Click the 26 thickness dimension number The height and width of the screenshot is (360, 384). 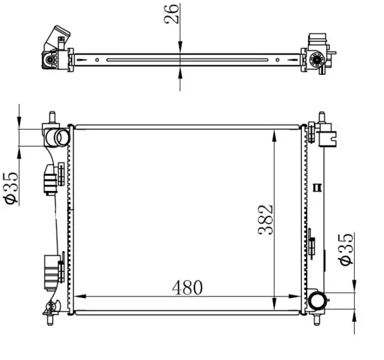pos(172,14)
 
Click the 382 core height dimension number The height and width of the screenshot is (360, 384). pos(265,220)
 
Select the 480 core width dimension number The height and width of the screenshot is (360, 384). pos(188,287)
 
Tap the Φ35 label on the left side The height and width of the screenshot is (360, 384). pos(11,188)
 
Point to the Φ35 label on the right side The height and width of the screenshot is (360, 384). pos(347,249)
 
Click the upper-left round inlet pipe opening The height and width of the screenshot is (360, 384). pos(61,138)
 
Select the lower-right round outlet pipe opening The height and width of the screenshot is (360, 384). pos(316,301)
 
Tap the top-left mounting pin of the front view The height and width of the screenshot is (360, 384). pos(52,118)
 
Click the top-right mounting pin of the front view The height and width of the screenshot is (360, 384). pos(321,118)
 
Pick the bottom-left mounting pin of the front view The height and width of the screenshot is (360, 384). pos(50,320)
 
